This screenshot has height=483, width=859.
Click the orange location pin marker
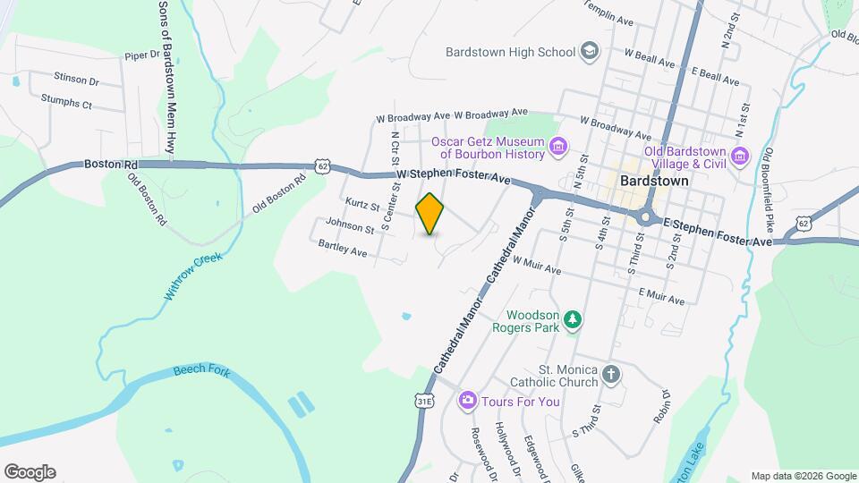tap(430, 213)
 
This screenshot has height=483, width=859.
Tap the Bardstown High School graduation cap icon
tap(589, 51)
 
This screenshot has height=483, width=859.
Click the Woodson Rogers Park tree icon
tap(573, 319)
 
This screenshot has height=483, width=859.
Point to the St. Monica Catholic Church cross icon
tap(611, 373)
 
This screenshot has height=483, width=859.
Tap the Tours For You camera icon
tap(466, 401)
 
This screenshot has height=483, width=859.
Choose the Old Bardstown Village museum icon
tap(739, 157)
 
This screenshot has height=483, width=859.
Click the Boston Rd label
tap(111, 165)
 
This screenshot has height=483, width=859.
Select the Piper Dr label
tap(141, 55)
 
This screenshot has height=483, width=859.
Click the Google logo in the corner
tap(30, 471)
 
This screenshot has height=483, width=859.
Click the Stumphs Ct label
tap(67, 105)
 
